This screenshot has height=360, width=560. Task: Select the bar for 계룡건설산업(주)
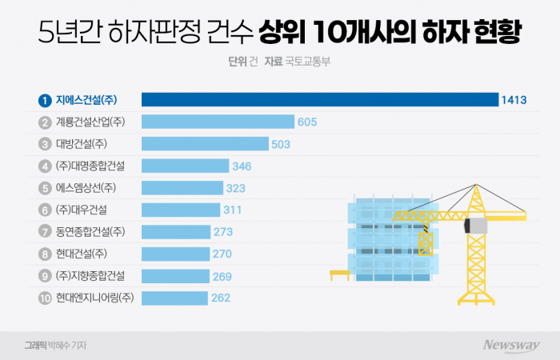218,122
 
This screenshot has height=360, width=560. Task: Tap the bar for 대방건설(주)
204,144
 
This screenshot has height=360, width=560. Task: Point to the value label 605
307,122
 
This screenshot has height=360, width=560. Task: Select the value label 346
242,166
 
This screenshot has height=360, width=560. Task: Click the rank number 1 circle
46,100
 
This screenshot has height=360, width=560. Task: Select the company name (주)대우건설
82,210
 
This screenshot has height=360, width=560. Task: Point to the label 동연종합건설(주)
90,232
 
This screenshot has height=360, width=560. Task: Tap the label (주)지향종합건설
90,276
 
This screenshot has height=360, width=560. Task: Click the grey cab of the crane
476,225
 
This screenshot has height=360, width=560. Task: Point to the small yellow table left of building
341,274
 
